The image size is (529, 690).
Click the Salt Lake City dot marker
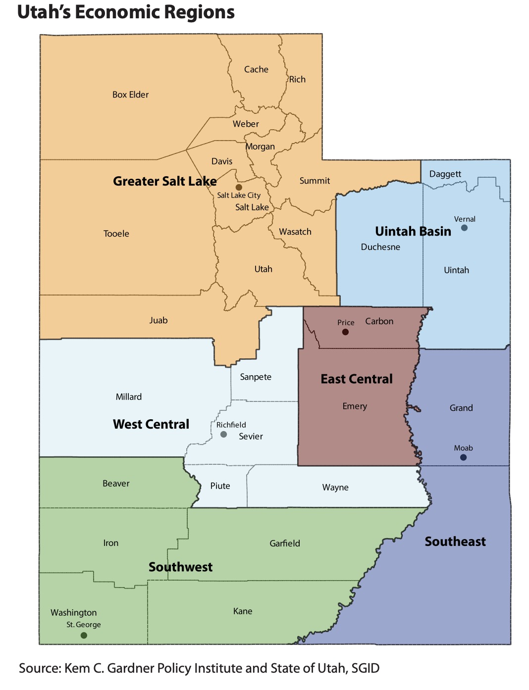point(239,187)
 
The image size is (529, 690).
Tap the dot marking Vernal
point(464,228)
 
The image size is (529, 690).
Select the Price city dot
point(345,332)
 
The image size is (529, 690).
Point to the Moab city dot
point(463,457)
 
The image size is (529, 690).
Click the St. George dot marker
point(84,635)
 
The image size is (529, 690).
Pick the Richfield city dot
point(223,434)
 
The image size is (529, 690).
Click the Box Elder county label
point(130,95)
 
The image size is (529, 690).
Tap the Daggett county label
point(445,174)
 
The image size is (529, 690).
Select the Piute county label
point(220,486)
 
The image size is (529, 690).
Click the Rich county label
point(297,79)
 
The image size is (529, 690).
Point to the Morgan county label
point(261,147)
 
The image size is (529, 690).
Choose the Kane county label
point(243,611)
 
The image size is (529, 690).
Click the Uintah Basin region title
point(413,231)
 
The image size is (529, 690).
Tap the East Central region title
point(356,379)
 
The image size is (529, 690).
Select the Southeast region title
point(455,541)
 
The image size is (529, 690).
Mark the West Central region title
point(151,424)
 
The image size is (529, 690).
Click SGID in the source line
point(365,668)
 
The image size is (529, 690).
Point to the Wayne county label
point(335,487)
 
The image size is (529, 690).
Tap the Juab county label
point(159,320)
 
